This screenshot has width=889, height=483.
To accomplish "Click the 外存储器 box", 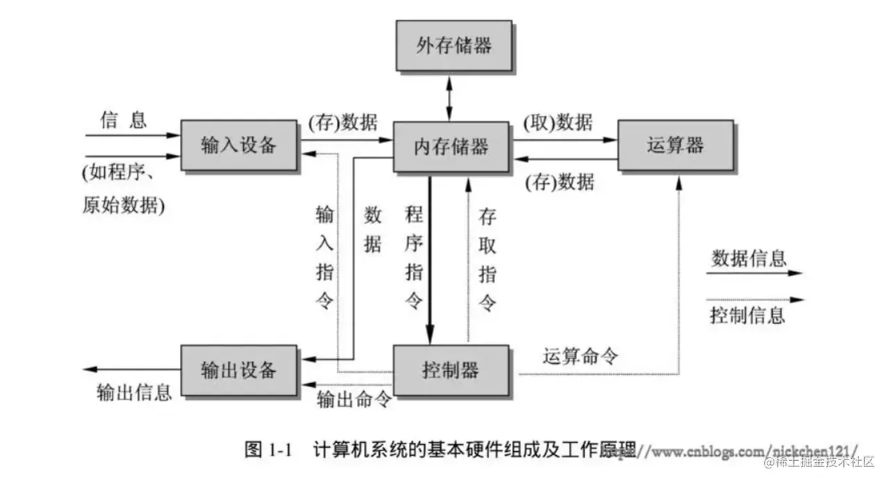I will pyautogui.click(x=454, y=46).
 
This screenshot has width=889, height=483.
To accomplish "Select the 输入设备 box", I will pyautogui.click(x=240, y=145).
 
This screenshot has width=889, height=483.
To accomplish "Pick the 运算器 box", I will pyautogui.click(x=675, y=145).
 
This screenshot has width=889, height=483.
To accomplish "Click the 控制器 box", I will pyautogui.click(x=453, y=371).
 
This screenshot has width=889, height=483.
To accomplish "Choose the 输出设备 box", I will pyautogui.click(x=239, y=370).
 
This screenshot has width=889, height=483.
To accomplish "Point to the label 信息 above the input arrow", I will pyautogui.click(x=124, y=120).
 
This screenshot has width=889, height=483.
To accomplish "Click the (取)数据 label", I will pyautogui.click(x=558, y=123).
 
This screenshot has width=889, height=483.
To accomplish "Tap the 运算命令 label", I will pyautogui.click(x=581, y=357).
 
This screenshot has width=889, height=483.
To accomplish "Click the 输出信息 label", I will pyautogui.click(x=133, y=393).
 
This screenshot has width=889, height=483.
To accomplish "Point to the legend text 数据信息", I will pyautogui.click(x=749, y=259).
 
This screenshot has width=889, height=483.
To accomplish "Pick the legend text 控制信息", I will pyautogui.click(x=747, y=315).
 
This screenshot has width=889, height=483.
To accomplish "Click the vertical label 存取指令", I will pyautogui.click(x=488, y=260).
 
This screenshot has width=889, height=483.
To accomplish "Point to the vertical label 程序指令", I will pyautogui.click(x=414, y=257).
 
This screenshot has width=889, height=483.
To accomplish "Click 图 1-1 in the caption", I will pyautogui.click(x=267, y=450).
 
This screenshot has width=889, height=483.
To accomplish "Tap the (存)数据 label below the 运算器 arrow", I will pyautogui.click(x=559, y=182).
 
